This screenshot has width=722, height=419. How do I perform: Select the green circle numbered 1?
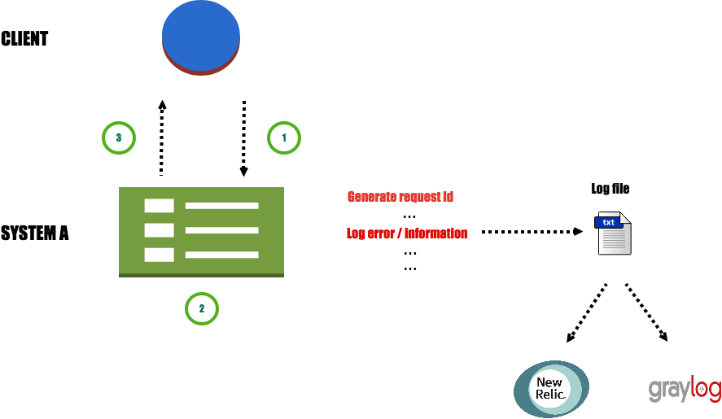(284, 138)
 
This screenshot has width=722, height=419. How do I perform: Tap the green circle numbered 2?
(202, 309)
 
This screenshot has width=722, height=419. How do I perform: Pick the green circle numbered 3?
(119, 138)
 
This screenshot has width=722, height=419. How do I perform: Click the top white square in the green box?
(159, 206)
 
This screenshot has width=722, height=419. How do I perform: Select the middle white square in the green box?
(159, 230)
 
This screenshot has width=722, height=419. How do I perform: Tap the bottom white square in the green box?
(159, 255)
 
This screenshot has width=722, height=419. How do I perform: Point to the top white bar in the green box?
(221, 206)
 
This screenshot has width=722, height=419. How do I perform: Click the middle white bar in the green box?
(221, 230)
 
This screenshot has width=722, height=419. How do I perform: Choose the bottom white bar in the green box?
(221, 255)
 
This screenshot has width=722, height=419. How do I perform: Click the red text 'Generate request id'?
(400, 197)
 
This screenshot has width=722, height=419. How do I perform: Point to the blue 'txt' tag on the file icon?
(608, 222)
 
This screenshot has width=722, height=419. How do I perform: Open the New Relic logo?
(551, 388)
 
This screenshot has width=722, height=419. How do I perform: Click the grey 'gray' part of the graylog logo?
(668, 390)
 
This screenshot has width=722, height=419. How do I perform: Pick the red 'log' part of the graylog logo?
(705, 390)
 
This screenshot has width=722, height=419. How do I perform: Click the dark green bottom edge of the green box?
(201, 275)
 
